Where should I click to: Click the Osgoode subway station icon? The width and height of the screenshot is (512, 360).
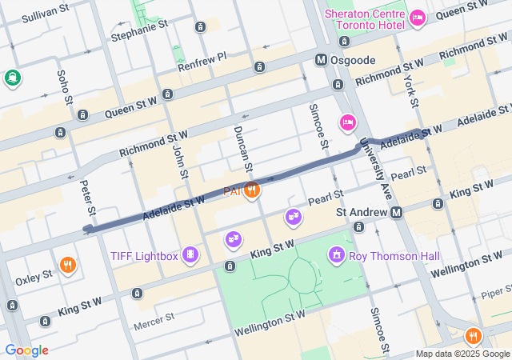[321, 60]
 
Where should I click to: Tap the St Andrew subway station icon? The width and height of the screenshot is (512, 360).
[396, 212]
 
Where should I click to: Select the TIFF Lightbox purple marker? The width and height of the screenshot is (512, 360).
[190, 255]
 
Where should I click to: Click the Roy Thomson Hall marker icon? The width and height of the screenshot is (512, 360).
[337, 255]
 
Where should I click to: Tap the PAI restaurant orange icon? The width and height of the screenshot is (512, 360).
[252, 190]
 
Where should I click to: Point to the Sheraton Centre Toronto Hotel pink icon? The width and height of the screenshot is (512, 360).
[417, 17]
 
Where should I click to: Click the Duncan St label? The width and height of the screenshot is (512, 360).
[242, 150]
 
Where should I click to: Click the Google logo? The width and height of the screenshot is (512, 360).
[26, 350]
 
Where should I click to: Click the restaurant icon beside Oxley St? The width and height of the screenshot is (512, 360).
[68, 265]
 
